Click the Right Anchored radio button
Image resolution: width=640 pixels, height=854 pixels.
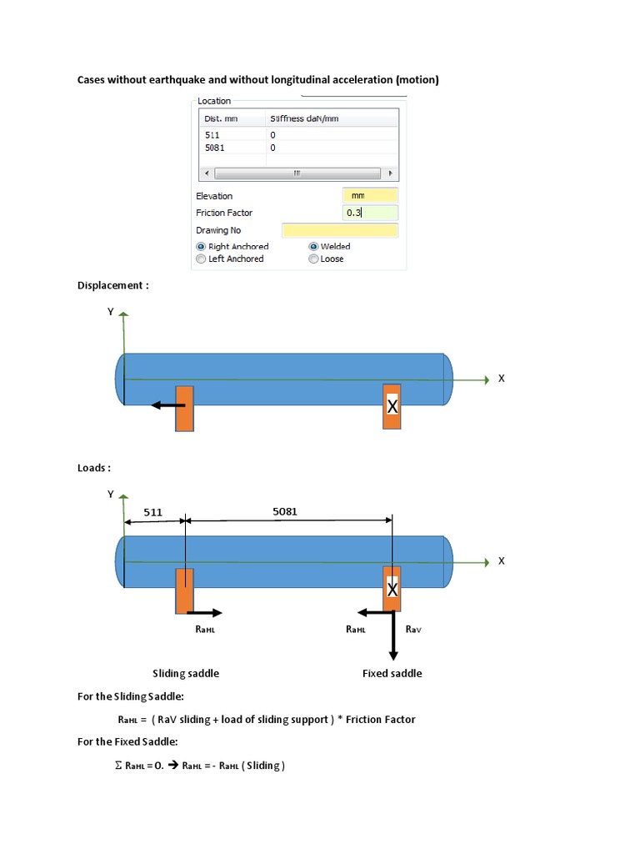201,247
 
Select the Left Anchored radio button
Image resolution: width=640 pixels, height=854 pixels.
201,259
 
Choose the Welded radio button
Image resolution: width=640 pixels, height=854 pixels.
313,247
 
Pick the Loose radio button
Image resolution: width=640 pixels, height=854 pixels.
313,259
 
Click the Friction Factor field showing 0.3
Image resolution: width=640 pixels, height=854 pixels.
370,213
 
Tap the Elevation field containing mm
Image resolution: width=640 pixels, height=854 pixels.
370,195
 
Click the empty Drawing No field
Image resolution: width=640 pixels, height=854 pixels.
339,230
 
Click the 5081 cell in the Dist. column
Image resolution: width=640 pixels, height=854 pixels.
214,148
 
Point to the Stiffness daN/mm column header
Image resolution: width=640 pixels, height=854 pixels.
303,118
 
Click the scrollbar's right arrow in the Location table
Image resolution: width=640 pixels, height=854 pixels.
391,173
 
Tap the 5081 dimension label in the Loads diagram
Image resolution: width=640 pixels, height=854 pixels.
285,511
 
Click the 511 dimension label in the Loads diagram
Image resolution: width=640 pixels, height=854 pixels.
152,511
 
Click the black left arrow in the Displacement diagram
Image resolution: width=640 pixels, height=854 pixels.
167,406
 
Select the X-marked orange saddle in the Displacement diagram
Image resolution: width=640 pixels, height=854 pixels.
392,406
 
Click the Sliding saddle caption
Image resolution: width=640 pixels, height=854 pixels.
186,673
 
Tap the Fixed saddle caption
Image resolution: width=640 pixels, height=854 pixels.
392,673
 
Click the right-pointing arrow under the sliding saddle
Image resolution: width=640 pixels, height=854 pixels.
207,613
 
